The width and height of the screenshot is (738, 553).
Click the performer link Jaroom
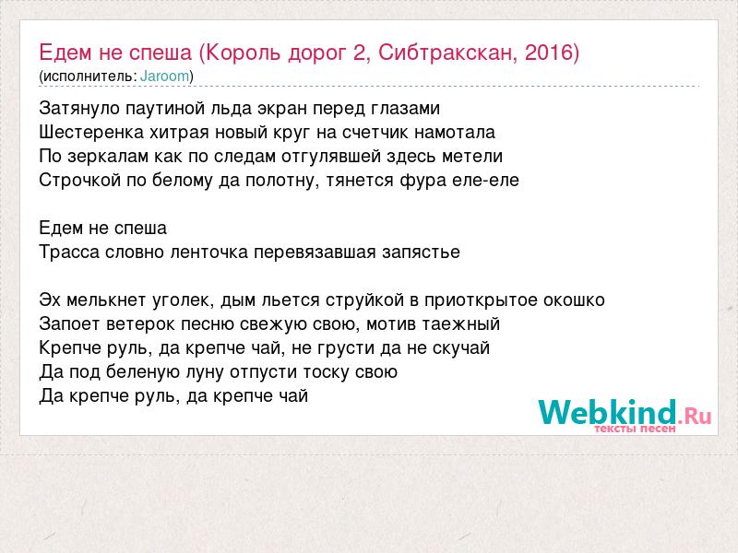click(165, 76)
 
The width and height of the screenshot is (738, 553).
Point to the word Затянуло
click(79, 109)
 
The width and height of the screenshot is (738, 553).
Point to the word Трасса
click(69, 253)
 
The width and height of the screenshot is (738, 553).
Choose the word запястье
click(421, 253)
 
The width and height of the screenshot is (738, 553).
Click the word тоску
click(327, 372)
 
